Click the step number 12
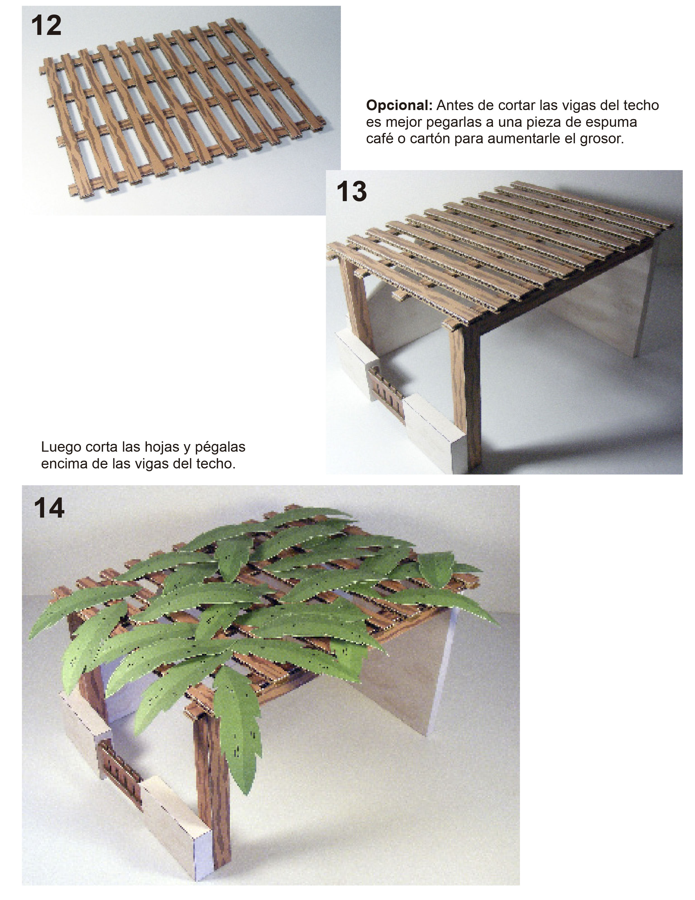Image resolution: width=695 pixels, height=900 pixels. (x=46, y=25)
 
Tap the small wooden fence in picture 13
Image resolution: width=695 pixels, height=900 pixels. (x=385, y=387)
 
